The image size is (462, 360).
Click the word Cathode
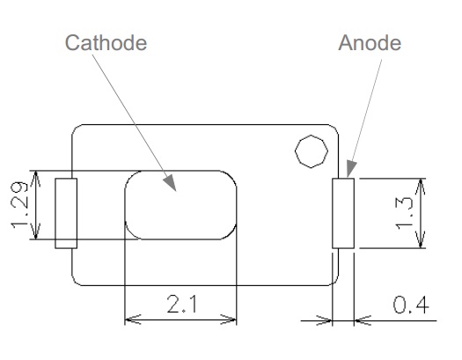point(106,43)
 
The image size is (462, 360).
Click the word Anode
point(370,43)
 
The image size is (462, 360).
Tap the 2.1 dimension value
point(182,304)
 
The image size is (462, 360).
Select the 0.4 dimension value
point(411,305)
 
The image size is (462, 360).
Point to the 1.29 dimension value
point(19,205)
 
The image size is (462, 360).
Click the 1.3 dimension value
point(404,214)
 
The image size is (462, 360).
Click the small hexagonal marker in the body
point(312,151)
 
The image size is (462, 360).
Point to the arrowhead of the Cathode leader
point(170,183)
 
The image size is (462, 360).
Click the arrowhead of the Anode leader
point(351,168)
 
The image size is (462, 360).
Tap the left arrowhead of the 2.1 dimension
point(133,320)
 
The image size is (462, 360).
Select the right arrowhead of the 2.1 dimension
point(229,320)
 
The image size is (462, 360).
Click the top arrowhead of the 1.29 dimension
point(36,179)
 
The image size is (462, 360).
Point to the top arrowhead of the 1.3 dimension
point(421,187)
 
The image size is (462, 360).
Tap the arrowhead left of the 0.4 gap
point(324,320)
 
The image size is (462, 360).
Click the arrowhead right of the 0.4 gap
point(363,320)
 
